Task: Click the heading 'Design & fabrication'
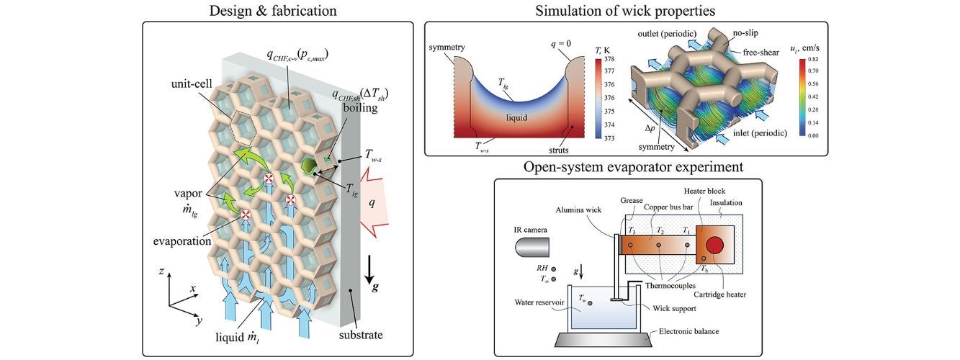click(x=278, y=10)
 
